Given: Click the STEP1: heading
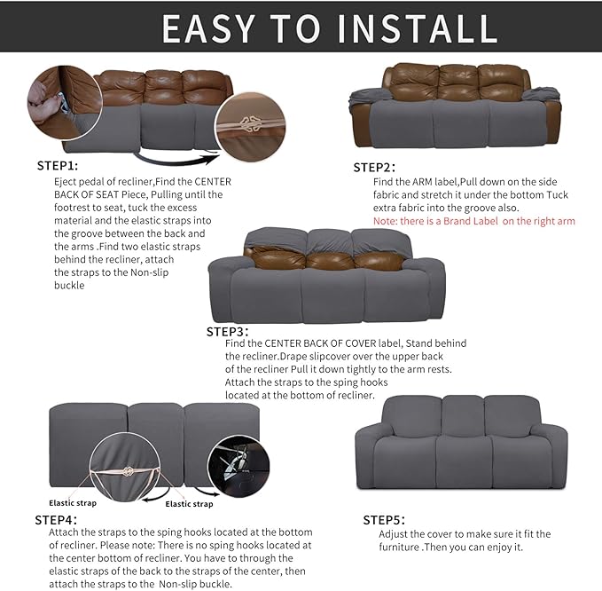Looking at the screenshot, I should click(x=58, y=166).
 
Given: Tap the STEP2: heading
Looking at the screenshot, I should click(x=374, y=167).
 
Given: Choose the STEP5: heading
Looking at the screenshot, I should click(x=384, y=519).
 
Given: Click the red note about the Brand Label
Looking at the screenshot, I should click(x=473, y=220).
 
